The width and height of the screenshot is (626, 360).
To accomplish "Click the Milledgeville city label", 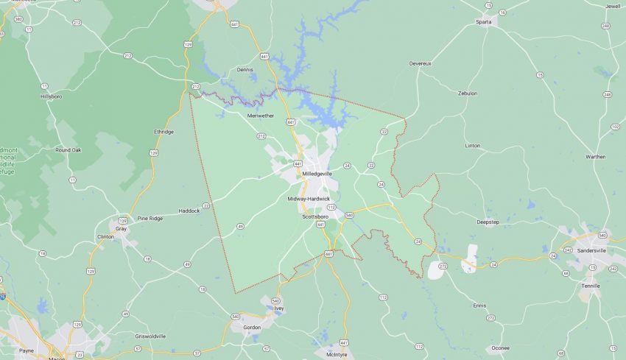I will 317,174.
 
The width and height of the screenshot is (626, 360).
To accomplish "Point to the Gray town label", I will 122,228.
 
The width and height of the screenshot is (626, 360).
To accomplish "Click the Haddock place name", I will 189,211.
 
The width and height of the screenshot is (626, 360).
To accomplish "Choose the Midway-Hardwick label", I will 309,199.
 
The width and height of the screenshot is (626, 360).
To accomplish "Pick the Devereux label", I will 420,63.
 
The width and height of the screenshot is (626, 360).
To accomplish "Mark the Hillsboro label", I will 52,96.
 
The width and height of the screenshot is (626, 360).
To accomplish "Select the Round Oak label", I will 68,149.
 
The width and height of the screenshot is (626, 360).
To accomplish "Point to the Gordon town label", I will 252,327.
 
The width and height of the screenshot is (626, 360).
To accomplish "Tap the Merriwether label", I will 261,116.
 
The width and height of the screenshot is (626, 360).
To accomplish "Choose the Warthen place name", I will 595,156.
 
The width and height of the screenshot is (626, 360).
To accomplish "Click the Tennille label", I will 591,286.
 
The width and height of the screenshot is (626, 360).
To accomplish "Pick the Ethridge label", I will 163,132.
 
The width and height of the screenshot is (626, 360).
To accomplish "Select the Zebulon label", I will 468,93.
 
